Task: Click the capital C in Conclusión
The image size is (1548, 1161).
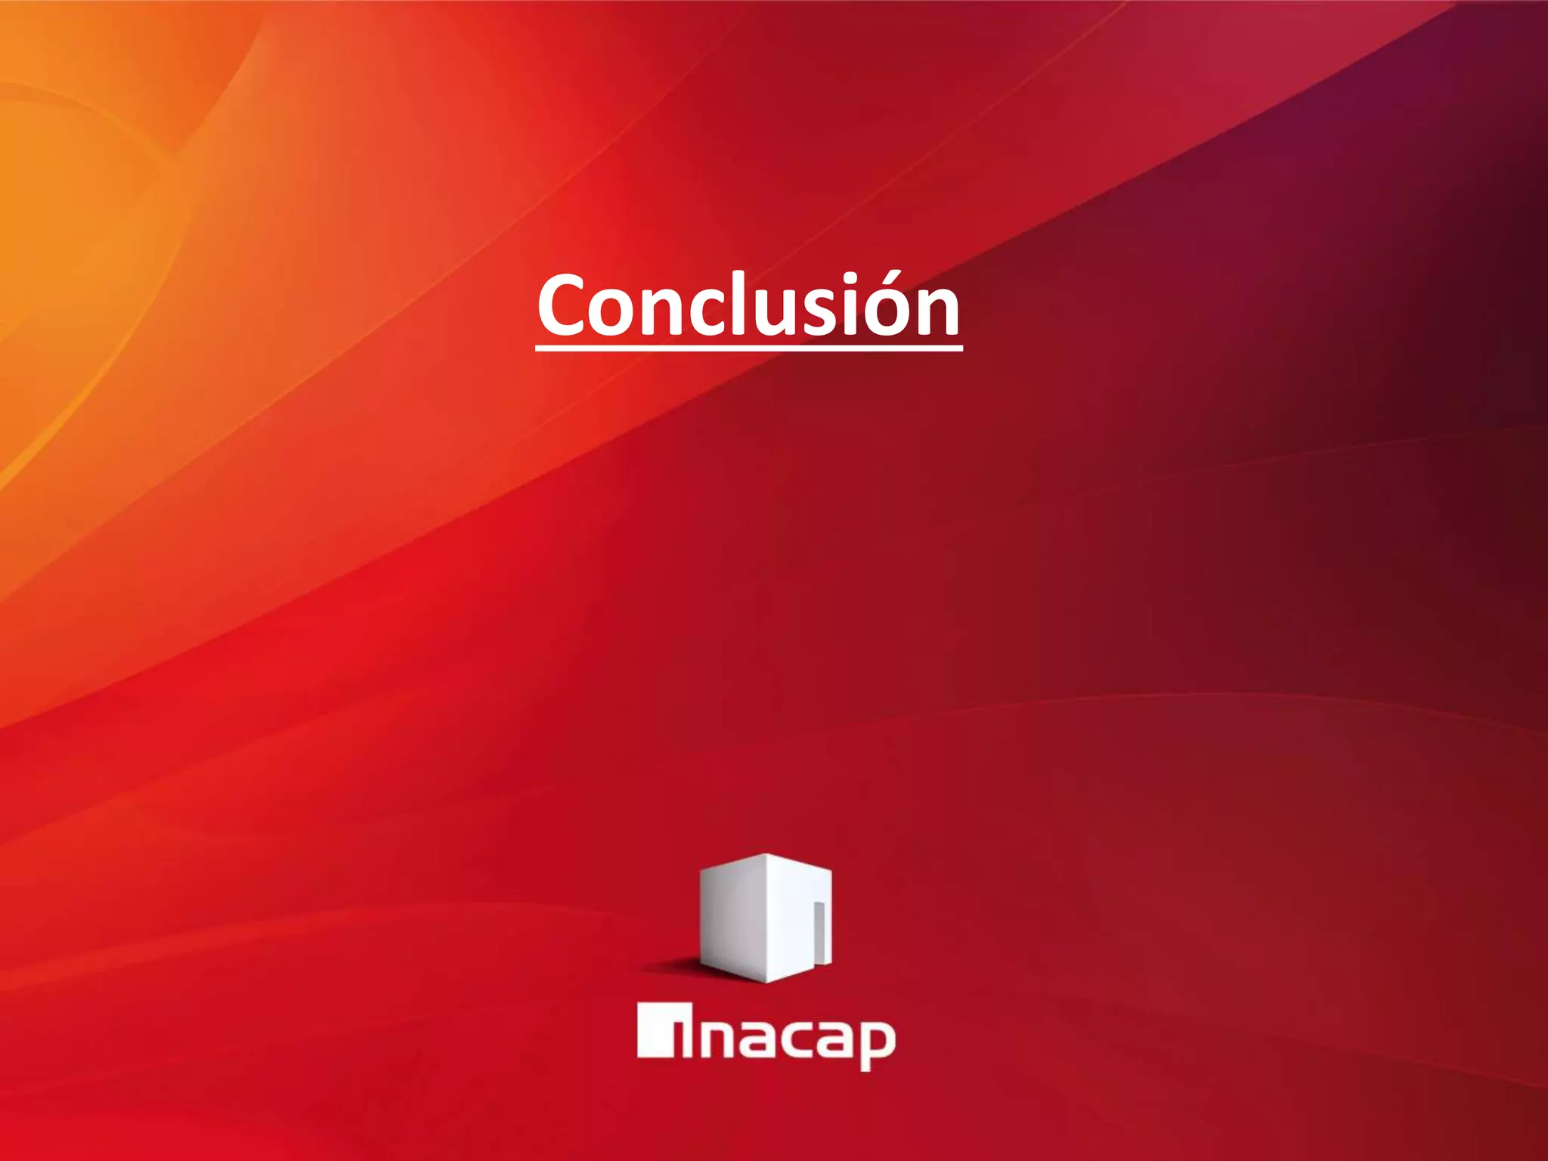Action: click(x=562, y=305)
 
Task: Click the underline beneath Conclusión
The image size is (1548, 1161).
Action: click(x=748, y=348)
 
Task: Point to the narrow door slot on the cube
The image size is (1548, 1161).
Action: click(x=818, y=933)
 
